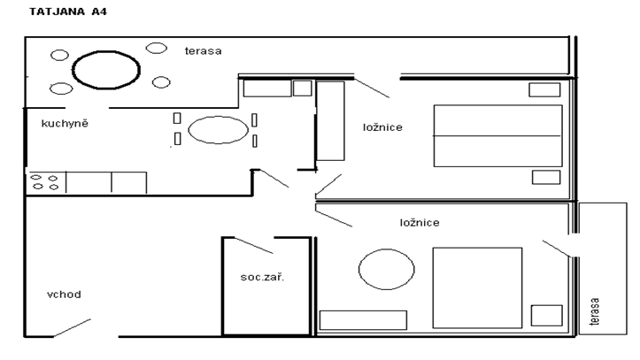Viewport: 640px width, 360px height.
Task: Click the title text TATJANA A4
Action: [68, 11]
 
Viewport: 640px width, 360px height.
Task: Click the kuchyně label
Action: [65, 123]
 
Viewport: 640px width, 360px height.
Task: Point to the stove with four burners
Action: [45, 182]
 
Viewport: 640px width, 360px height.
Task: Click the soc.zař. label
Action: [262, 277]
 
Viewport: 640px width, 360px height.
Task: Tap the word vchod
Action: [64, 295]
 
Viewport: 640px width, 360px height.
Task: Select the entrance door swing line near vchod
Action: [73, 328]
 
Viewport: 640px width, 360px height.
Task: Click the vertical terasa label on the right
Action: [595, 311]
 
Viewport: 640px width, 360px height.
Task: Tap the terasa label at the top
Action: [204, 51]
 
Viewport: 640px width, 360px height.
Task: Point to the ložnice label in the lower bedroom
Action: [420, 223]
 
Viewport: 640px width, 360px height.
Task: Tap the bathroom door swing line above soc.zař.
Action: [253, 245]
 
